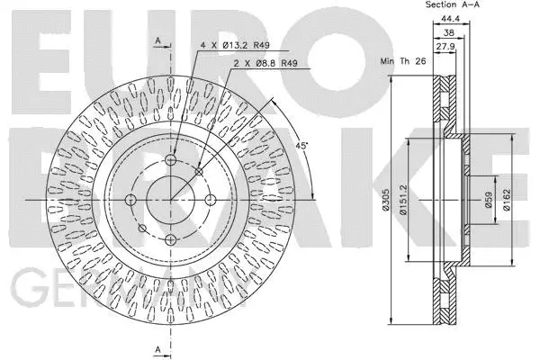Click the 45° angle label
coord(303,144)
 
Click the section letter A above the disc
coord(158,40)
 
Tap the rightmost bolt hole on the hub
coord(210,199)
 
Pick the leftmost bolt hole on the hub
coord(130,199)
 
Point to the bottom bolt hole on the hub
coord(170,238)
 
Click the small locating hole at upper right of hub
coord(198,171)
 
